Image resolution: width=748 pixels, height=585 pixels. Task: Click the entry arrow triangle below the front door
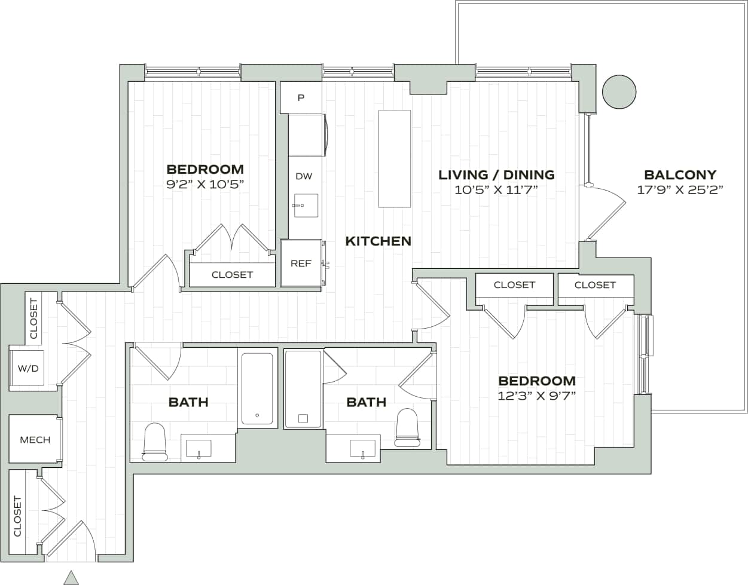point(71,578)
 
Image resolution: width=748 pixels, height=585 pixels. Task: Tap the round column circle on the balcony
point(619,92)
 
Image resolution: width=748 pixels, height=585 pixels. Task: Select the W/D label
point(28,369)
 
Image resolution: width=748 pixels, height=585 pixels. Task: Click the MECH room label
point(35,440)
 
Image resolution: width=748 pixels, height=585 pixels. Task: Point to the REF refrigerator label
point(301,264)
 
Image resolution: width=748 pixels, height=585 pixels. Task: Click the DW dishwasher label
point(304,176)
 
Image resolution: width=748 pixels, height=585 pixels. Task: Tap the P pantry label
point(301,97)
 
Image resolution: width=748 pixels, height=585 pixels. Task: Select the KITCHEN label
point(378,241)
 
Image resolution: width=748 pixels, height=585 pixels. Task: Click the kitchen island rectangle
point(395,159)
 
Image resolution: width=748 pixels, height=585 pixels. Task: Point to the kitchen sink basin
point(306,206)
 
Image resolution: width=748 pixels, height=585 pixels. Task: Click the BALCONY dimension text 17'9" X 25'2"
point(680,190)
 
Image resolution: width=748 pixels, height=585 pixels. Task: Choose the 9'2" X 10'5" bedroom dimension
point(205,184)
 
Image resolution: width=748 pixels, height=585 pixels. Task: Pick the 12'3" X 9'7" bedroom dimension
point(536,396)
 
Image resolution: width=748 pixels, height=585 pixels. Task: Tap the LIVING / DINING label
point(496,175)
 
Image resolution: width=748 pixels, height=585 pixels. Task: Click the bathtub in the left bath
point(257,388)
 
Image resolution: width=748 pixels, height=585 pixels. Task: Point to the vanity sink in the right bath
point(362,448)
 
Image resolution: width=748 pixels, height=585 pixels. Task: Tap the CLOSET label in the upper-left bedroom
point(232,275)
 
